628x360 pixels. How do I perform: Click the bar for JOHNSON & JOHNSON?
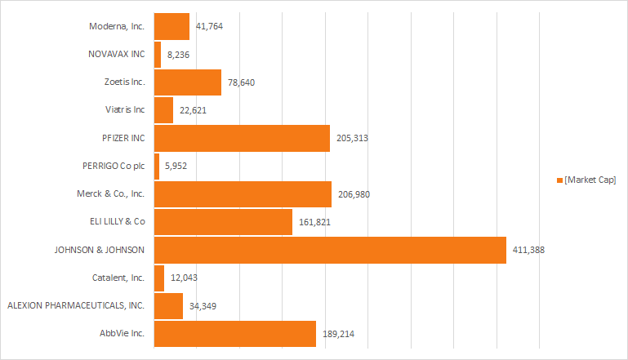coord(330,250)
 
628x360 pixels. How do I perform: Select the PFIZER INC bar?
coord(242,138)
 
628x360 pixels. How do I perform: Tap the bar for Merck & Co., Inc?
coord(243,194)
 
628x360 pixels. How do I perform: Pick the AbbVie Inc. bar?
coord(235,334)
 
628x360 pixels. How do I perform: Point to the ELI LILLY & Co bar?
coord(223,222)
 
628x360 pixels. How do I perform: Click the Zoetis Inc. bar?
coord(188,82)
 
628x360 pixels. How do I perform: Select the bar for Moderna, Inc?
coord(171,26)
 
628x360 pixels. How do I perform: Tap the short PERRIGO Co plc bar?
coord(157,167)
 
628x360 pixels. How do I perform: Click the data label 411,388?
coord(528,250)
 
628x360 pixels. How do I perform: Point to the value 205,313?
coord(352,138)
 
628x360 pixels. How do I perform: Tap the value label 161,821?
coord(314,222)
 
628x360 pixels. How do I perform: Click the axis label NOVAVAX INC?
coord(116,54)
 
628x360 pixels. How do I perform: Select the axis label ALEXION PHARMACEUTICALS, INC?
coord(76,305)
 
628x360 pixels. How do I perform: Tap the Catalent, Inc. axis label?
coord(119,278)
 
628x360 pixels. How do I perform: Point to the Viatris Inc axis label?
coord(125,110)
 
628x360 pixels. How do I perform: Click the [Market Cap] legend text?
coord(590,180)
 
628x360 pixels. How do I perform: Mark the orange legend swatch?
coord(559,180)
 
